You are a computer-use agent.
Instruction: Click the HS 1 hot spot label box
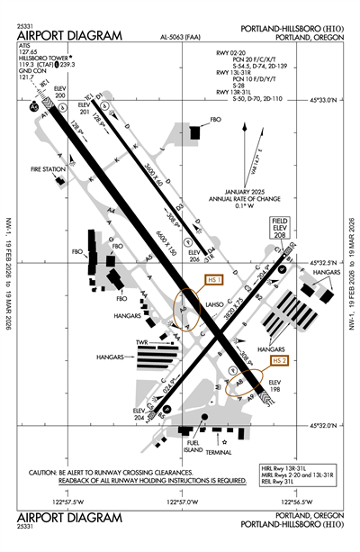click(215, 280)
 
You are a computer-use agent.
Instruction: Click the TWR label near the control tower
click(139, 343)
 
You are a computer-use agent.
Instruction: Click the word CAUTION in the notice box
click(49, 473)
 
